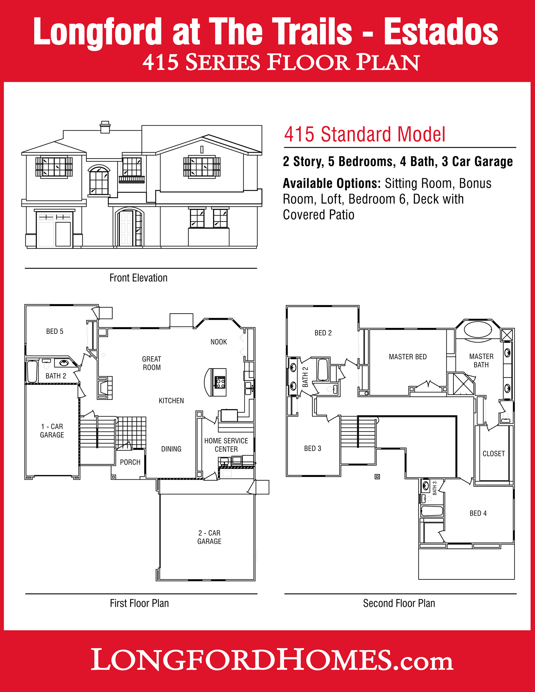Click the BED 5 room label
55,331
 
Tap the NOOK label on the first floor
219,342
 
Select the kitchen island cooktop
220,382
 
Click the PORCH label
130,462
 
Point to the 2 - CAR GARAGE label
209,537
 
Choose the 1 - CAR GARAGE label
52,431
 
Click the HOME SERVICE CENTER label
226,445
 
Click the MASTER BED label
408,357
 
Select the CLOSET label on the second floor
493,454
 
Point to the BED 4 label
478,513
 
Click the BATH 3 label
434,488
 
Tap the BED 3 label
313,448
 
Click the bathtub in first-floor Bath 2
32,371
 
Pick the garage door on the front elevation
55,229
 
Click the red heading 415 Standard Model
364,134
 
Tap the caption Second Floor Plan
399,603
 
